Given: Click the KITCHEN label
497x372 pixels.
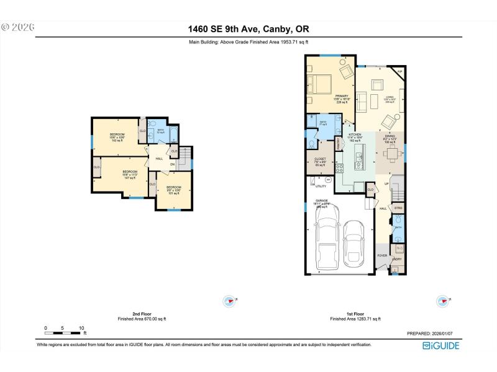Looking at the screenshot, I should tap(355, 136).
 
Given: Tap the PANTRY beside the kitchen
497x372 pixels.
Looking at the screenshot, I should tap(339, 144).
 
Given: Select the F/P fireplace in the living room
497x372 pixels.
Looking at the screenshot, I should tap(400, 73).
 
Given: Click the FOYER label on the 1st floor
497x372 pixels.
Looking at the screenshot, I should tap(382, 255).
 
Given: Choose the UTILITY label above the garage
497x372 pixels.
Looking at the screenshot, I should tap(321, 185).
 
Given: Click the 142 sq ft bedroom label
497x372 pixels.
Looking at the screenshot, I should tap(117, 137).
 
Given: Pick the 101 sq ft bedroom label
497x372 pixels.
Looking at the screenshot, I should tap(173, 189).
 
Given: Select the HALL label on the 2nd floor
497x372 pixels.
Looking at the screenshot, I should tap(159, 159).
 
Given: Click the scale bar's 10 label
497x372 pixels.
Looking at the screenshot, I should tap(81, 328).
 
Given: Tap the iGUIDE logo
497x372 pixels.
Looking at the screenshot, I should tap(440, 345).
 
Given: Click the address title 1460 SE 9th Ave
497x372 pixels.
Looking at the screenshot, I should tap(248, 29).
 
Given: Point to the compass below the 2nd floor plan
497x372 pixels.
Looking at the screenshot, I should tap(229, 301).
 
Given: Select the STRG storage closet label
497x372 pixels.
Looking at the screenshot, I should tap(398, 208).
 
